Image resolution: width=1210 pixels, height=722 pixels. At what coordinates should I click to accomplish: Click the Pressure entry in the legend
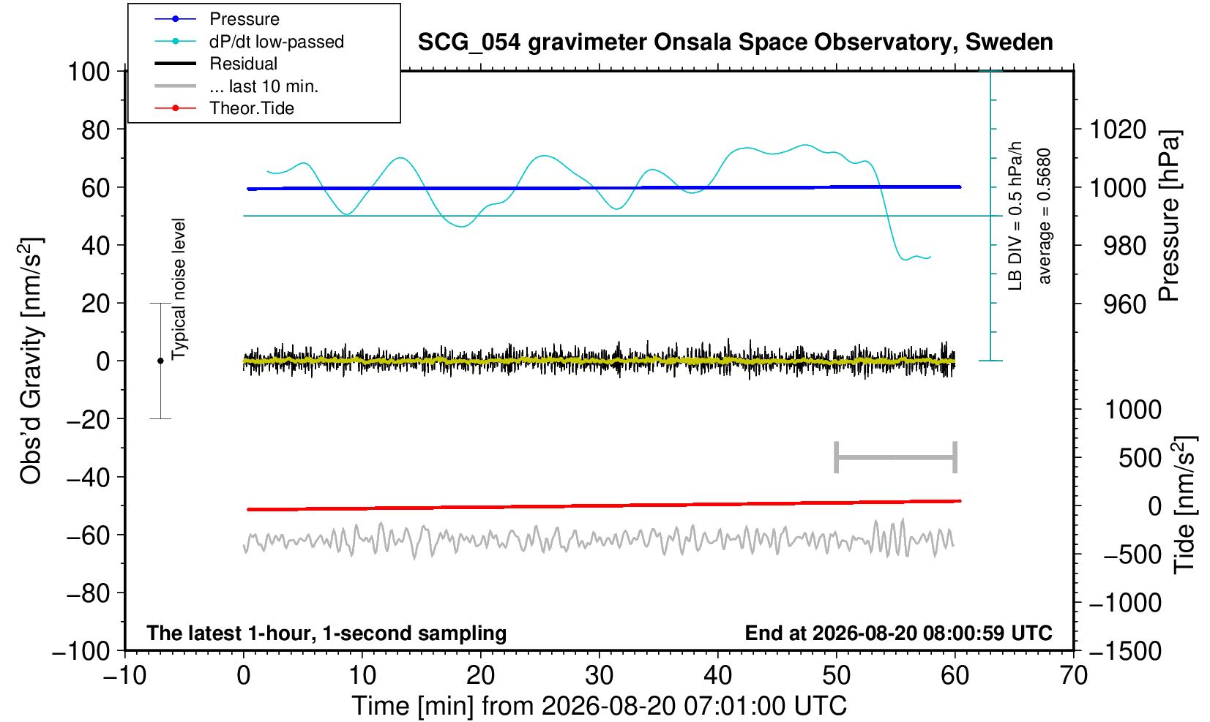click(x=244, y=20)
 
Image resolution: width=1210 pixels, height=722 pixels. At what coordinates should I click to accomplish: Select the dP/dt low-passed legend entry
click(x=277, y=42)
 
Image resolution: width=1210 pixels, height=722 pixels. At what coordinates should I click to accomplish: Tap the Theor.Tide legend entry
click(x=252, y=108)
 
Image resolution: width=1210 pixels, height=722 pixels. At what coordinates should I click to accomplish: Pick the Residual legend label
click(x=243, y=64)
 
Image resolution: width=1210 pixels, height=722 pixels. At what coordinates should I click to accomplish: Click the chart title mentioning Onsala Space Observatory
click(x=735, y=42)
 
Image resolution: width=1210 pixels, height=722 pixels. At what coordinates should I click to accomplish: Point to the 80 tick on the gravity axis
click(x=96, y=130)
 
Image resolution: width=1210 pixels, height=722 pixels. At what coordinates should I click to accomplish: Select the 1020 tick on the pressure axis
click(x=1118, y=129)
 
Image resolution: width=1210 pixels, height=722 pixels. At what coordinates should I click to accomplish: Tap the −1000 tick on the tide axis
click(x=1125, y=603)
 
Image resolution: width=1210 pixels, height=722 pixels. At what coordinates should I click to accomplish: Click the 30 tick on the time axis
click(x=600, y=675)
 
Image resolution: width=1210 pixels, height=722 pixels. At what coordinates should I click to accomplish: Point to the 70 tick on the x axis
click(x=1073, y=675)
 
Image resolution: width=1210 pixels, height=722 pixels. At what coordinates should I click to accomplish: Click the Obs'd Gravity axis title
click(x=31, y=361)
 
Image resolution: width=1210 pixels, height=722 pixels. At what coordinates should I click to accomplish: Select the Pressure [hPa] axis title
click(x=1170, y=216)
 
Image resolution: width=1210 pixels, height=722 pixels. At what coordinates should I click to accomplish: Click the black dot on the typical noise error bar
click(x=160, y=361)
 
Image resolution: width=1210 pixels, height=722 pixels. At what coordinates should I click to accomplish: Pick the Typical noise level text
click(x=179, y=290)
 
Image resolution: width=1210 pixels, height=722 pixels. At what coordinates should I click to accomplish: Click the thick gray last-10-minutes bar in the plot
click(x=896, y=457)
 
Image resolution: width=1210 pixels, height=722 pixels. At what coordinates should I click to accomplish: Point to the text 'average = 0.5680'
click(x=1045, y=216)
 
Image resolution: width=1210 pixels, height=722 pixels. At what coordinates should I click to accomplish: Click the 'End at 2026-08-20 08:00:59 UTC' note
click(x=898, y=633)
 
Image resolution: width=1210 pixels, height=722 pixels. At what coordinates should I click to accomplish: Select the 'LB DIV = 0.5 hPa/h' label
click(x=1015, y=216)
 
